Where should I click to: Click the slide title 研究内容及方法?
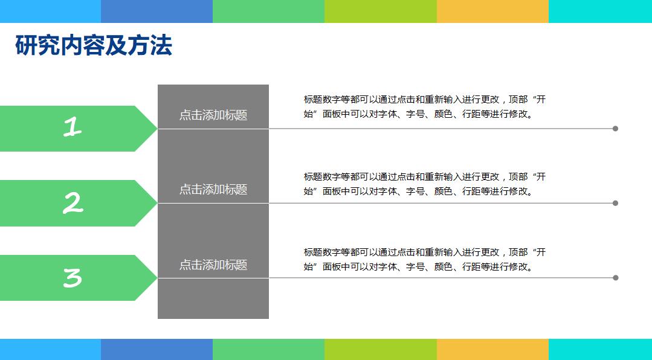[94, 46]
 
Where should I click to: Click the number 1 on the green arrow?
[73, 127]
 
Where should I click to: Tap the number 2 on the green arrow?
[73, 203]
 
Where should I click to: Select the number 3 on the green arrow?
[73, 278]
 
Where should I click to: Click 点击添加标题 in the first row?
[213, 115]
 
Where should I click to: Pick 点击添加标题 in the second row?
[213, 189]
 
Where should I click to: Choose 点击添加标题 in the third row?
[213, 265]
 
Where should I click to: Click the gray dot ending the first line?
[615, 129]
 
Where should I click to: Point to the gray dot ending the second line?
[615, 203]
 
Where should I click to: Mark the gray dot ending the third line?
[615, 278]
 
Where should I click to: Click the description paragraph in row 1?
[424, 107]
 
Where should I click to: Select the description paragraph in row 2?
[424, 184]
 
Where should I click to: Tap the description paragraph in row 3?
[424, 259]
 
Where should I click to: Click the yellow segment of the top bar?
[492, 11]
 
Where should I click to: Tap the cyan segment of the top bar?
[600, 11]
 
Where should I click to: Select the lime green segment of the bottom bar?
[380, 349]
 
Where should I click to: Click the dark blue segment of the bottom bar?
[157, 349]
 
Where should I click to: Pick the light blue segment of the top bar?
[50, 11]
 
